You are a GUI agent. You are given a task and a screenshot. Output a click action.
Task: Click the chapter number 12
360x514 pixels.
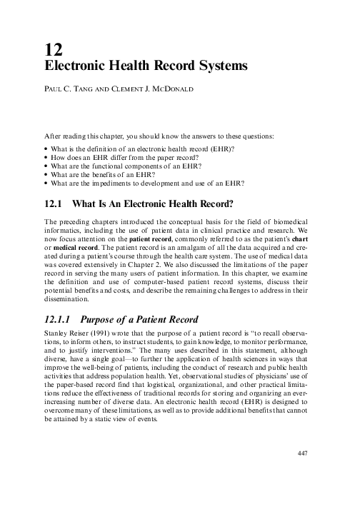pyautogui.click(x=51, y=49)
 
